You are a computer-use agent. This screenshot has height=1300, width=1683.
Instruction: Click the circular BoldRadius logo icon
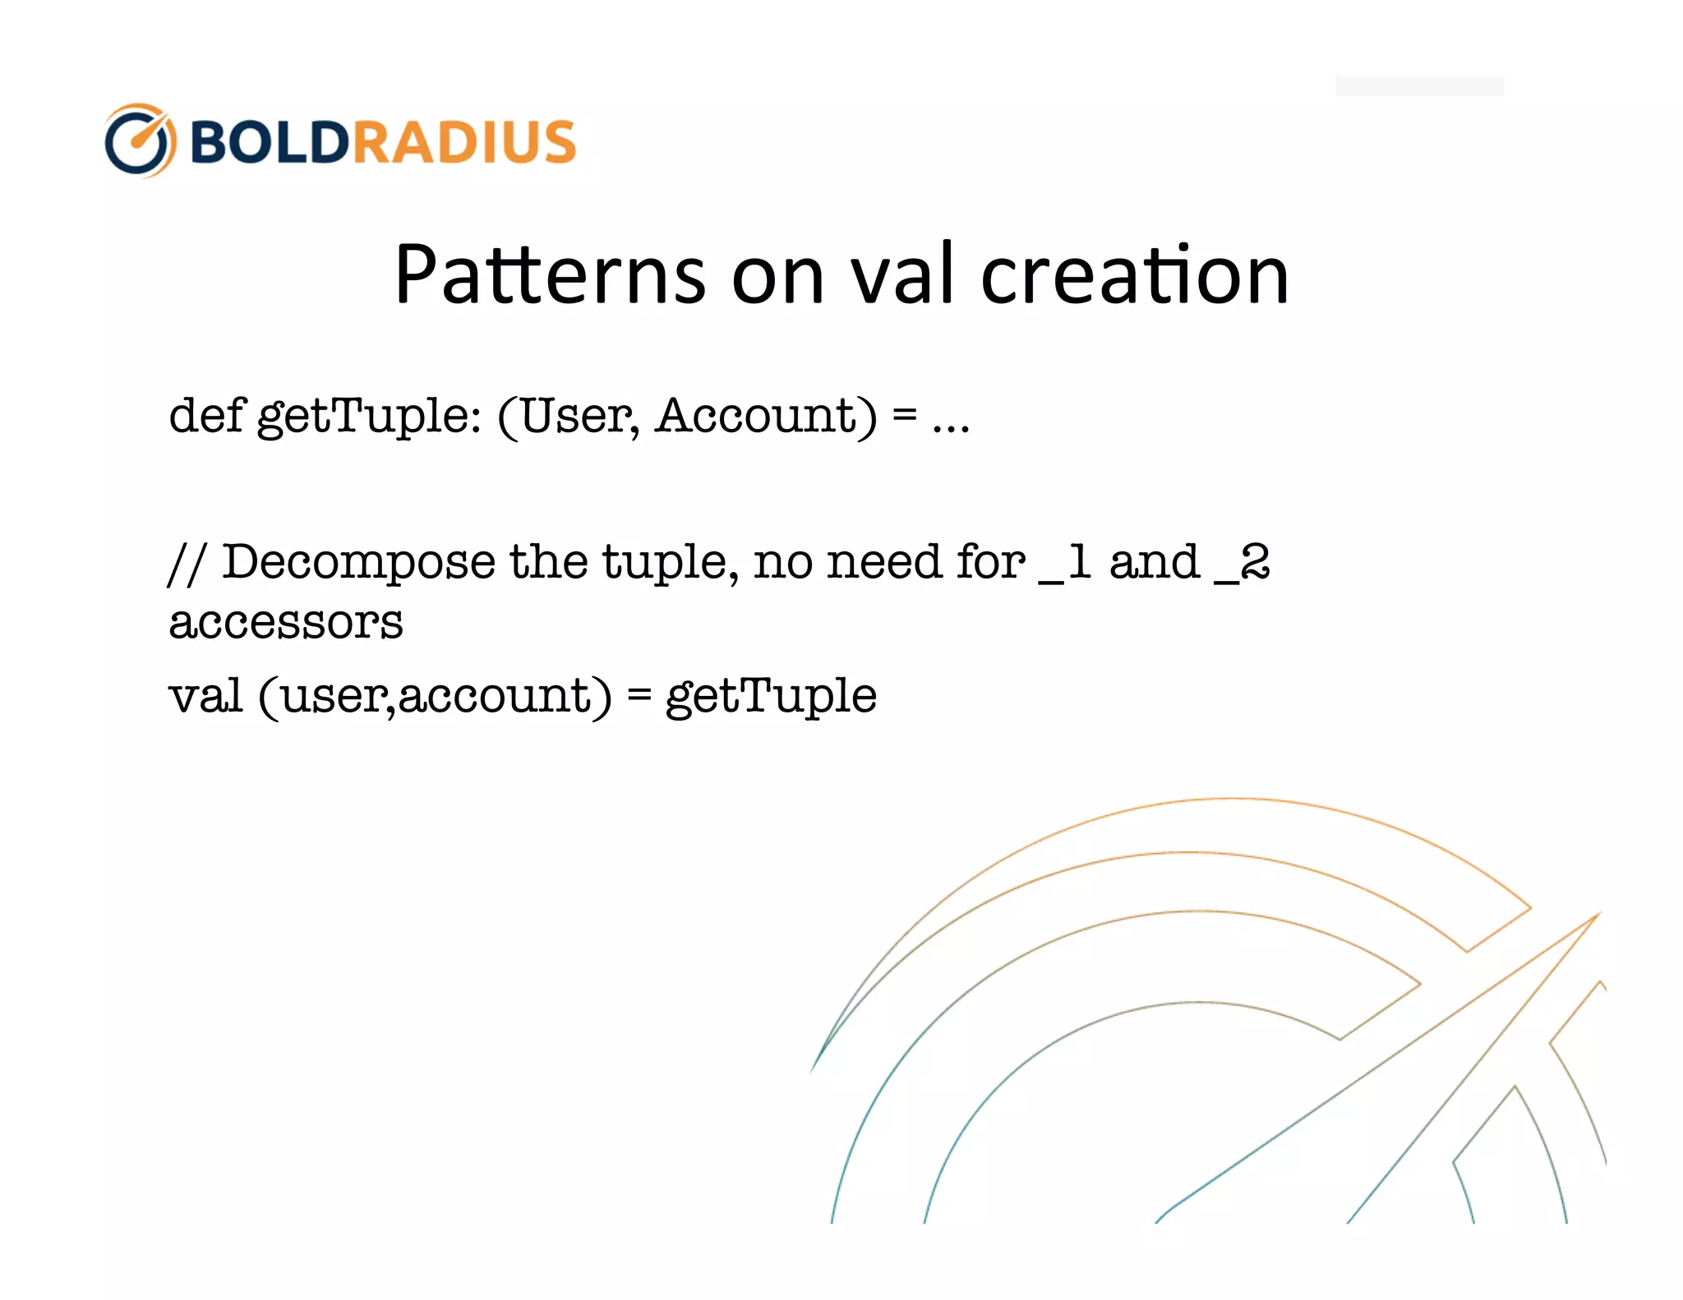click(140, 141)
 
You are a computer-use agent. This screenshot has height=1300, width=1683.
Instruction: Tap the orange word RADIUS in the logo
click(464, 141)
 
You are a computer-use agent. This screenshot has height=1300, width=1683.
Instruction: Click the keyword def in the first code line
click(206, 415)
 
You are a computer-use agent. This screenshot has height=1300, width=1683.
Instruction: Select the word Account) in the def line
click(766, 415)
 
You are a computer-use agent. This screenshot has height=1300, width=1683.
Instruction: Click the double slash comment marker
click(186, 564)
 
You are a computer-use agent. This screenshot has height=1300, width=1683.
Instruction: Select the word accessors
click(285, 623)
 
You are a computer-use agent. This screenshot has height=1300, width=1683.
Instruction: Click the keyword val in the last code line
click(205, 695)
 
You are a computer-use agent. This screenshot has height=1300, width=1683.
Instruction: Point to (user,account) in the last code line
click(435, 697)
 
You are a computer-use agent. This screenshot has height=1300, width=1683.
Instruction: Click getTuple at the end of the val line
click(771, 697)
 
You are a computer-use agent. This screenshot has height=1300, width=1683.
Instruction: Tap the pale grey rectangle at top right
click(1419, 85)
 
